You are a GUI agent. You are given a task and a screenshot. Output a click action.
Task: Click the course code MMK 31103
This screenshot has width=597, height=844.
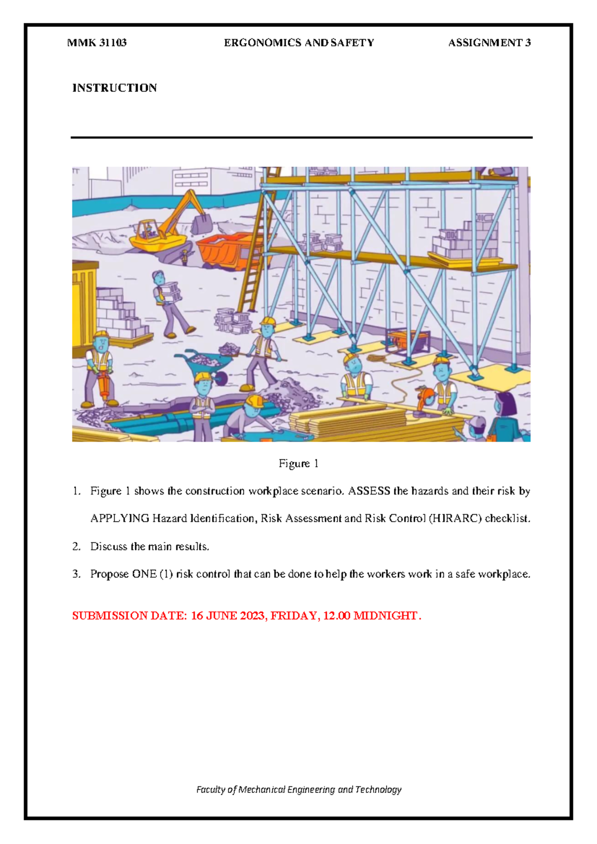97,43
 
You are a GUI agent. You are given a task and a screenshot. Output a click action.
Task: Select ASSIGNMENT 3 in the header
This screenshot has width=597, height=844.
489,43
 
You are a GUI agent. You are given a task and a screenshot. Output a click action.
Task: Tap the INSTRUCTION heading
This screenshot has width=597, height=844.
114,88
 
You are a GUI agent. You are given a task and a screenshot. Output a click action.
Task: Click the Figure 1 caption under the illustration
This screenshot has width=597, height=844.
298,464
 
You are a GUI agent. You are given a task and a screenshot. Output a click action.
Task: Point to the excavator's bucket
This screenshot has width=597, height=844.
201,223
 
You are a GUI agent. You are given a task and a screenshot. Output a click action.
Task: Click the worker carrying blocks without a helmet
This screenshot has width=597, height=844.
168,304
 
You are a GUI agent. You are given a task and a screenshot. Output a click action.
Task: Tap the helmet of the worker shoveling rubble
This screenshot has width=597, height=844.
268,321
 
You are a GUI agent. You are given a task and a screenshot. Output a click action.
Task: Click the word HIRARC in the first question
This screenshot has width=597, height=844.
455,519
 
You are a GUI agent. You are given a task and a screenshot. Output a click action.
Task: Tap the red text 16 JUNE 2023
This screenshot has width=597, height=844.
228,616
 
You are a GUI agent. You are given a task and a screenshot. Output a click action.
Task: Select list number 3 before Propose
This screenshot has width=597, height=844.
76,574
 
